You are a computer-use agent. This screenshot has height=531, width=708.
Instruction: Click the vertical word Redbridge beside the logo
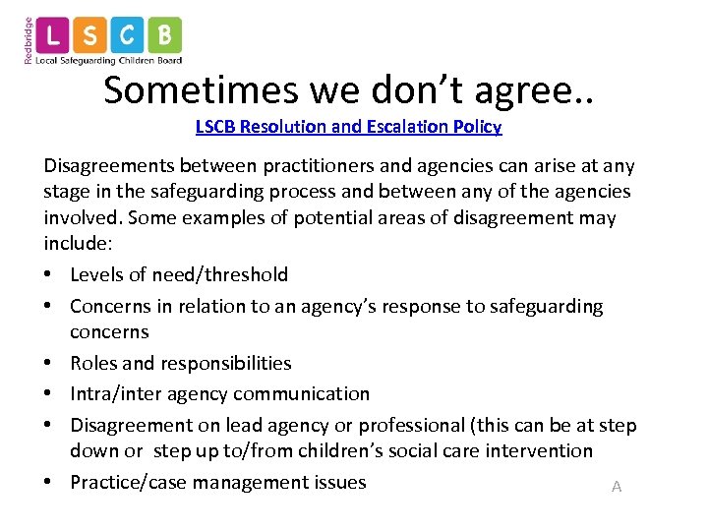pyautogui.click(x=28, y=40)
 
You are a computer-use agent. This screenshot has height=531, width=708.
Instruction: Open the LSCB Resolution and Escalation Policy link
pyautogui.click(x=348, y=127)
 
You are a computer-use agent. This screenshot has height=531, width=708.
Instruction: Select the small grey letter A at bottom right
pyautogui.click(x=617, y=487)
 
